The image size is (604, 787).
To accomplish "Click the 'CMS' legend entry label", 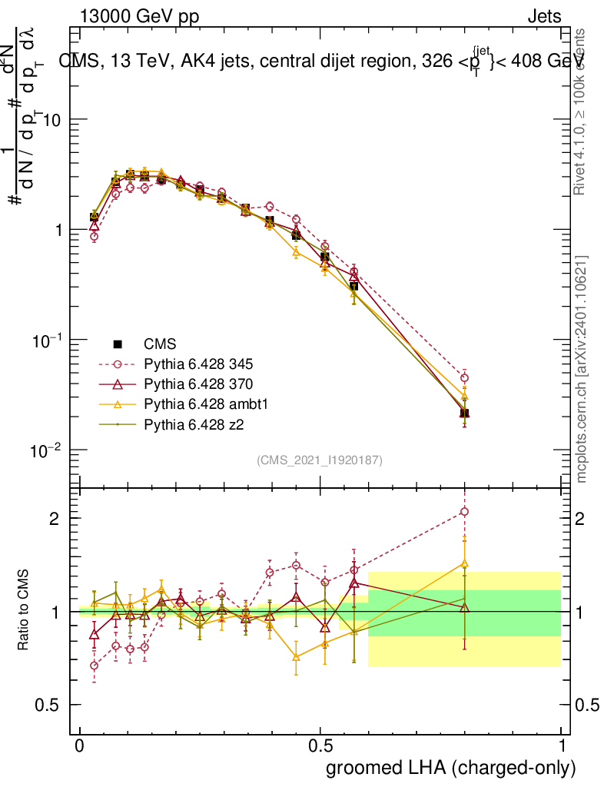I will pos(158,344).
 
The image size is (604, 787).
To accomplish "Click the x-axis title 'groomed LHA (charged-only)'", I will pos(451,768).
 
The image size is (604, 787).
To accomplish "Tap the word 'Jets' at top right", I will pos(543,17).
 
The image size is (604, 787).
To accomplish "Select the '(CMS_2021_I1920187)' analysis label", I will pos(320,460).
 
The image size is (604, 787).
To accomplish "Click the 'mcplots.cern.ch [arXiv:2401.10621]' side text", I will pos(582,369).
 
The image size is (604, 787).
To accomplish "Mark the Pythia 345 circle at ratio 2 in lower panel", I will pos(464,512).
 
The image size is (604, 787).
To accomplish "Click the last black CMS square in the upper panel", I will pos(464,413).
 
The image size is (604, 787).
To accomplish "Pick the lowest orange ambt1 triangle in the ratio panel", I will pos(296,657).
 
